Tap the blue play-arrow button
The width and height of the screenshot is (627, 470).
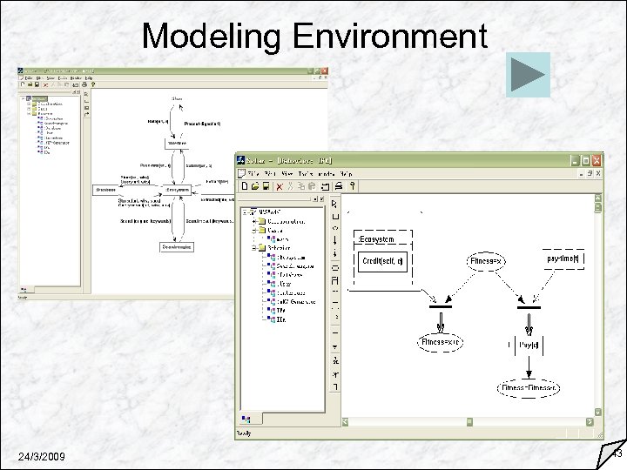pos(528,74)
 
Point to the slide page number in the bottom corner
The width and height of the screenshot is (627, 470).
pos(616,453)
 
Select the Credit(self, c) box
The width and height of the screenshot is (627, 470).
pos(382,261)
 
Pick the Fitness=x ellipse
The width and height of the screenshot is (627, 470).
pos(486,261)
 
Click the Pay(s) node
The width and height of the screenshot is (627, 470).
pos(528,345)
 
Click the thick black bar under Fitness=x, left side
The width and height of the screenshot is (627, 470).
pos(441,306)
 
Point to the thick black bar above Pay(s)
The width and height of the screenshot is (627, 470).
pos(529,306)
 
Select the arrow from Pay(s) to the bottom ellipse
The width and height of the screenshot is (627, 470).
pos(529,366)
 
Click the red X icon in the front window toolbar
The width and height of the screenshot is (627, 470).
pos(279,185)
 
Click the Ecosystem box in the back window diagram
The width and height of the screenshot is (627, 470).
pos(177,190)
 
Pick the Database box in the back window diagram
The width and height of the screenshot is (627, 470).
pos(108,190)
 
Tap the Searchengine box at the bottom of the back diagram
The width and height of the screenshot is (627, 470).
pos(177,247)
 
